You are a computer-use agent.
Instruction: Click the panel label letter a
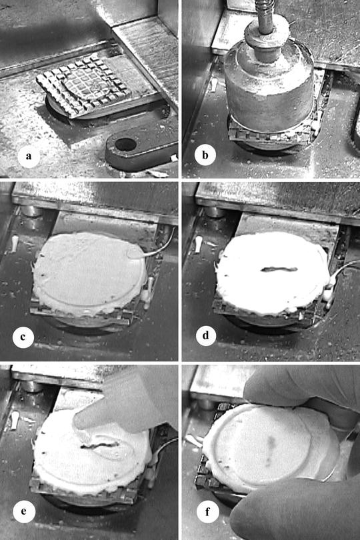pyautogui.click(x=27, y=157)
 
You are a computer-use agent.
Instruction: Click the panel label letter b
pyautogui.click(x=205, y=157)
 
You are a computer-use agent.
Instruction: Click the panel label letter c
pyautogui.click(x=23, y=337)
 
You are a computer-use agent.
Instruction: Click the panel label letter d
pyautogui.click(x=205, y=337)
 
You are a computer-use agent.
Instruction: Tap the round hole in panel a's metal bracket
pyautogui.click(x=125, y=144)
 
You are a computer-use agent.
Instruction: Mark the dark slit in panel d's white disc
pyautogui.click(x=273, y=269)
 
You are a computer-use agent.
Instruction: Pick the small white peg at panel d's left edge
pyautogui.click(x=198, y=243)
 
